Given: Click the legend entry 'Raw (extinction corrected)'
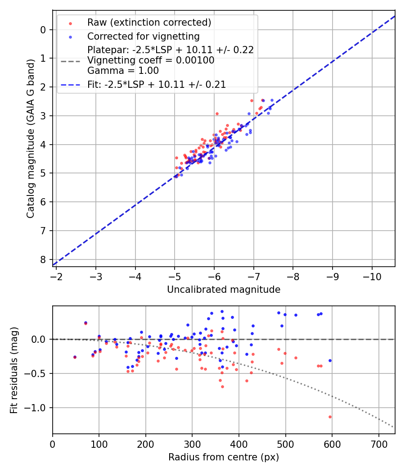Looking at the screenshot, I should [x=149, y=23].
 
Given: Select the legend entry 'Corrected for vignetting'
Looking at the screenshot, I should [x=143, y=36].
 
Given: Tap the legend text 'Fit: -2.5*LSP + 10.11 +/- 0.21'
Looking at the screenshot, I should [x=156, y=84].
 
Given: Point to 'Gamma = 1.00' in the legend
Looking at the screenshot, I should [x=123, y=70].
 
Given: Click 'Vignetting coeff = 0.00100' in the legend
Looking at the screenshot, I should [x=151, y=60].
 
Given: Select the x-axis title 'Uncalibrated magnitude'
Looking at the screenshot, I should [x=224, y=290].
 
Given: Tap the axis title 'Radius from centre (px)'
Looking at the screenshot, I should [x=224, y=457].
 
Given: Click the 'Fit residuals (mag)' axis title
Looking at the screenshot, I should [x=14, y=370].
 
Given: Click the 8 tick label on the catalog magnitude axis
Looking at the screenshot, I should [x=43, y=259].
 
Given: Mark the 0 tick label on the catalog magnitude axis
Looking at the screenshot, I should [x=43, y=30].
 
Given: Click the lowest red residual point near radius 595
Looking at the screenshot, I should [x=330, y=417].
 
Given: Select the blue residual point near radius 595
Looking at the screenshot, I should [x=330, y=360].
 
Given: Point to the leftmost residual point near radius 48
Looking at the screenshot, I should [x=75, y=357].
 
